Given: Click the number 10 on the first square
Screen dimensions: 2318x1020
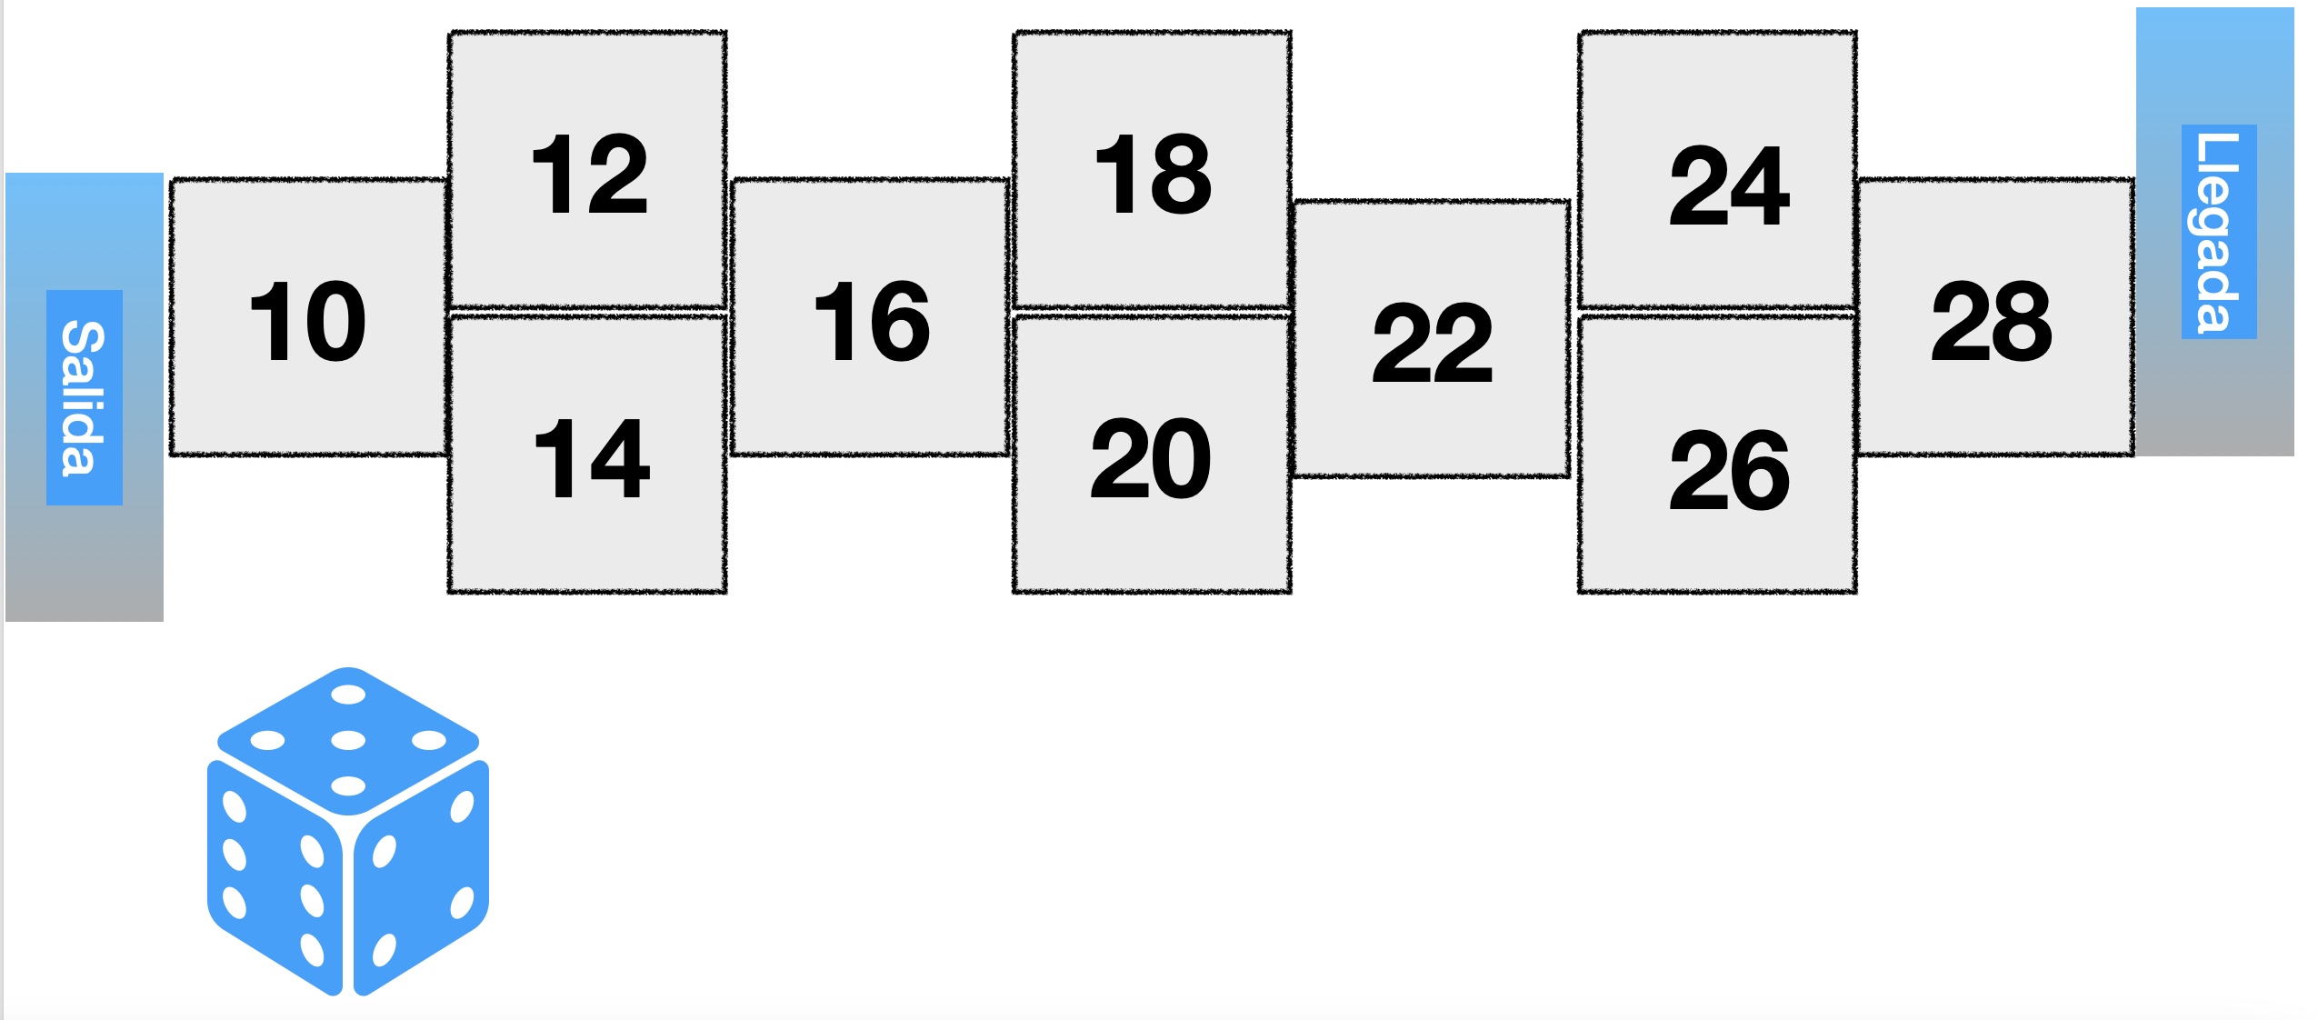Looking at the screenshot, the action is [307, 321].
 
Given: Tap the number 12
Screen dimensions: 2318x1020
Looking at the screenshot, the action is [589, 174].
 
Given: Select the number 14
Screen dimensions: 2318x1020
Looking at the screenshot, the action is [591, 458].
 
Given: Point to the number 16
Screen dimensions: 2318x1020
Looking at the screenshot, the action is [872, 321].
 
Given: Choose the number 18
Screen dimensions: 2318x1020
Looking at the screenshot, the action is [1154, 174].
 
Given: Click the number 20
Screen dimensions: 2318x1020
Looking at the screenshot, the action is [1151, 458].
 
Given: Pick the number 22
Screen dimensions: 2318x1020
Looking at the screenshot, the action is [1433, 343].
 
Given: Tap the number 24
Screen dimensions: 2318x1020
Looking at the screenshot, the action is [1730, 185].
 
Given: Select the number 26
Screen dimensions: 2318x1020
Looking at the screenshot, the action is [1730, 470].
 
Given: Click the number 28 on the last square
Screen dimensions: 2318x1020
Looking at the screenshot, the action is [1992, 321].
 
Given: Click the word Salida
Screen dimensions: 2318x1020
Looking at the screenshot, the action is [84, 397].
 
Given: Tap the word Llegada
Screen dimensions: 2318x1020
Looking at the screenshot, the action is [2218, 232].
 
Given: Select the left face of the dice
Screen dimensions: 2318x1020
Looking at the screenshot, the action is [275, 877].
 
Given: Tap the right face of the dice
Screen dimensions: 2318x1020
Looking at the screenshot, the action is [422, 877].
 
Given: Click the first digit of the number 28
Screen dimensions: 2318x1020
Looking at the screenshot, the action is [1960, 321].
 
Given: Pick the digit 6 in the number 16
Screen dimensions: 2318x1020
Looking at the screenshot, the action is [900, 321].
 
